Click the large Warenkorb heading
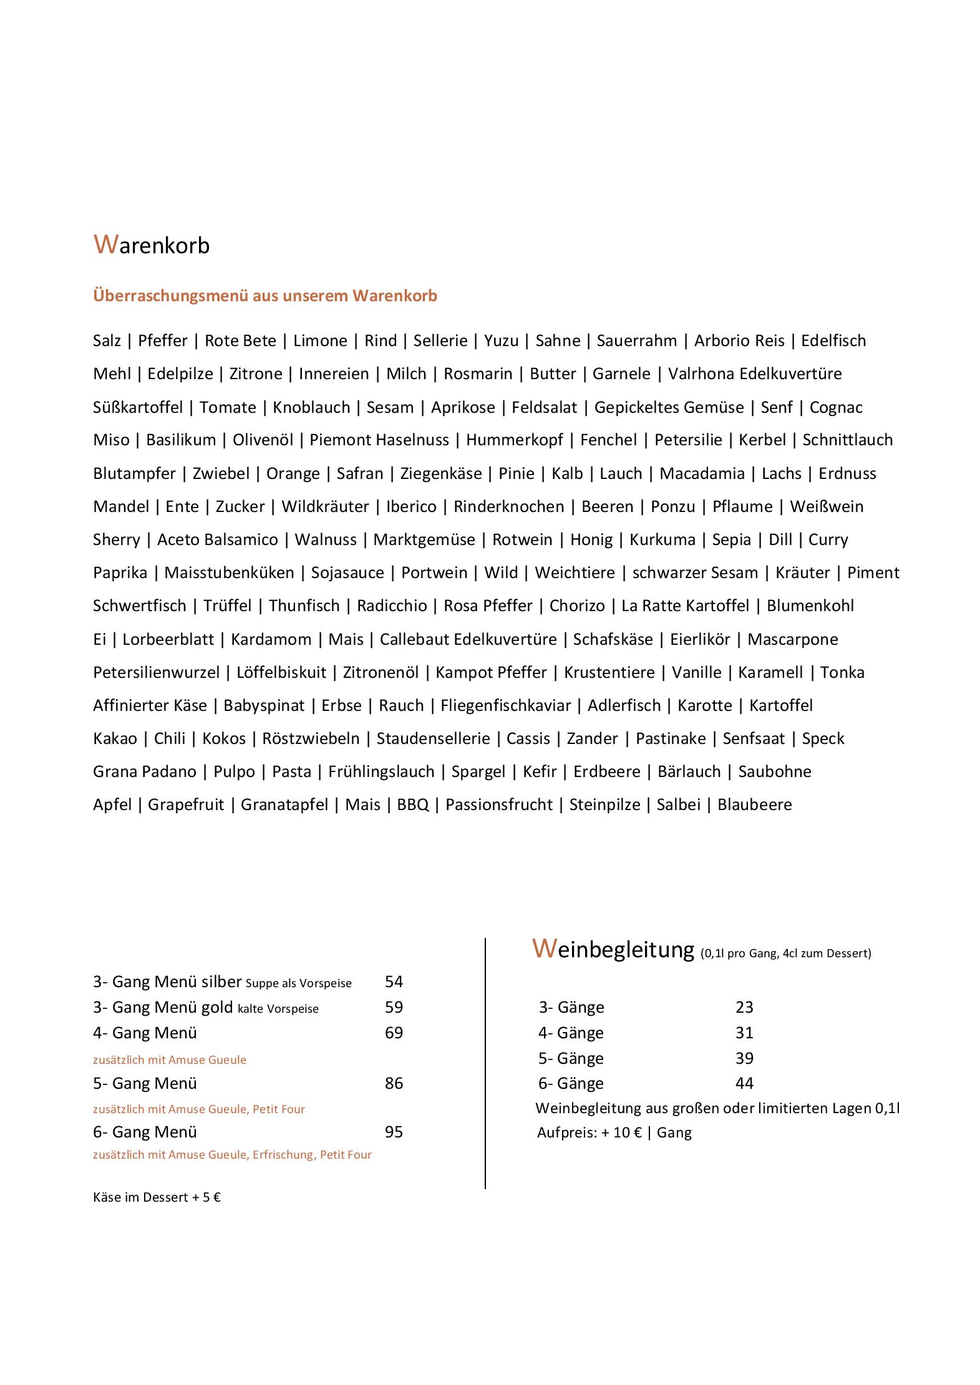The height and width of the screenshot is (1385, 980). coord(152,245)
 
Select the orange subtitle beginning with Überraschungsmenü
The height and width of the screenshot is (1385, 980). coord(265,296)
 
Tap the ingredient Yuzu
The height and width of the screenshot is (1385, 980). coord(501,340)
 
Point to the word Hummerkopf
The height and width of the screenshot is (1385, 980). coord(515,440)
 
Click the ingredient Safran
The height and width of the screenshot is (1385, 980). coord(360,473)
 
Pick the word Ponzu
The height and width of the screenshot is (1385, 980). coord(672,506)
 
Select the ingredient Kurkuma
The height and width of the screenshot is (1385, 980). coord(662,539)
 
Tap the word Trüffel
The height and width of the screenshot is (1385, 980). coord(227,606)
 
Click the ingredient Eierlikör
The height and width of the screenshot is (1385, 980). coord(700,639)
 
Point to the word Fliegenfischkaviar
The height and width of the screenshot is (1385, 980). coord(506,705)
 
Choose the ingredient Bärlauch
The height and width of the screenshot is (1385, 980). coord(689,771)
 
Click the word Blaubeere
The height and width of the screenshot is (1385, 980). coord(754,804)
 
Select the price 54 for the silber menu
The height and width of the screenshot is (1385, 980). coord(394,982)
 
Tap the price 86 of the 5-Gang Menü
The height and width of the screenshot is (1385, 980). coord(394,1083)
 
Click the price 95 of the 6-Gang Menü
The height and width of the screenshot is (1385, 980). coord(394,1132)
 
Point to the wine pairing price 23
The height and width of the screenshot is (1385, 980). coord(744,1007)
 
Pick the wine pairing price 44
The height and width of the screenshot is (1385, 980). coord(744,1083)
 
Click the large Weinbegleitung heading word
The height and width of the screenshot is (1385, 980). coord(613,949)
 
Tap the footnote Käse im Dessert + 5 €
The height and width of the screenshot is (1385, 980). coord(157,1197)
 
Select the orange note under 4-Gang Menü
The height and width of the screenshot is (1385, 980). coord(170,1059)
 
